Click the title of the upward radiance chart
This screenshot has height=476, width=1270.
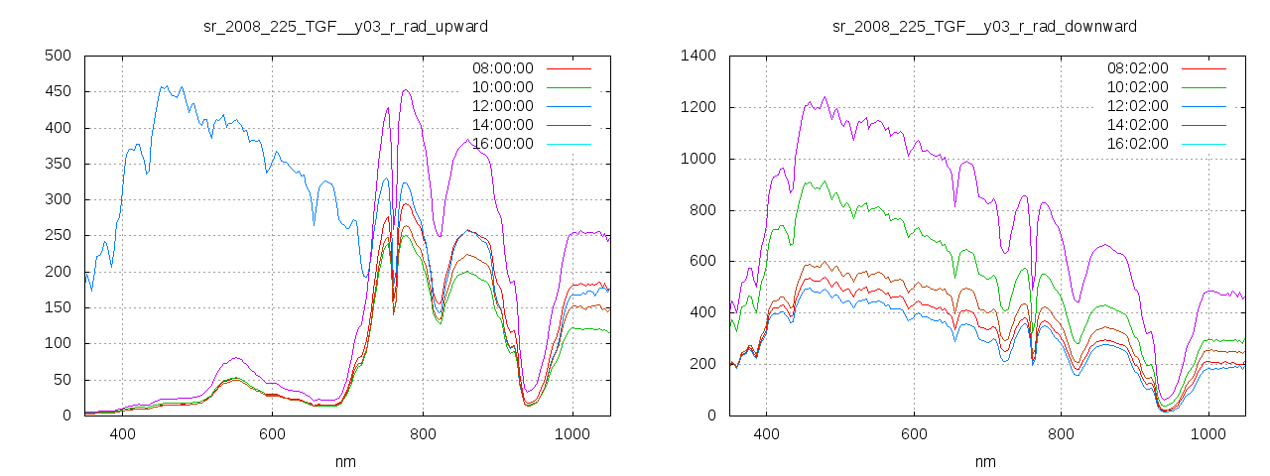pos(345,26)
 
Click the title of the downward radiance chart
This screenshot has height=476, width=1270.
pos(984,26)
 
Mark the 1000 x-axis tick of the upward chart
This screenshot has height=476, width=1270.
pos(571,433)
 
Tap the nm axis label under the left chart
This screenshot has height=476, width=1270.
pos(345,461)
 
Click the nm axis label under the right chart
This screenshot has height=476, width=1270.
pos(984,461)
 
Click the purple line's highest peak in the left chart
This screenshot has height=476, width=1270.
pos(406,90)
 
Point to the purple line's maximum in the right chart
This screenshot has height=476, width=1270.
pos(825,97)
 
